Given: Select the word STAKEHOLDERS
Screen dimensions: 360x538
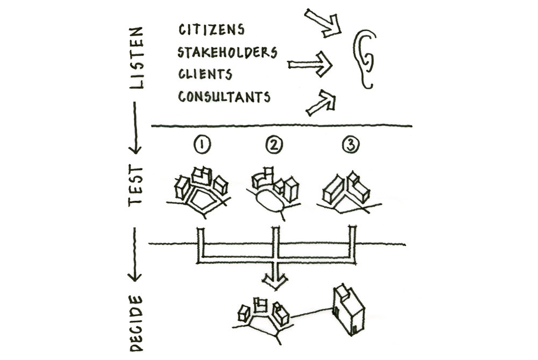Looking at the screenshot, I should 227,52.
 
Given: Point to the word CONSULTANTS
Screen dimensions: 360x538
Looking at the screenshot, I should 223,97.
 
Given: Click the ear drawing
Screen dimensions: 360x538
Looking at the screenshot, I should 366,58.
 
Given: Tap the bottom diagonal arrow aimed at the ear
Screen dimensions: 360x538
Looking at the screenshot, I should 321,102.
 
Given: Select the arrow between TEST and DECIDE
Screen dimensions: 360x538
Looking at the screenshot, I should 136,253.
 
